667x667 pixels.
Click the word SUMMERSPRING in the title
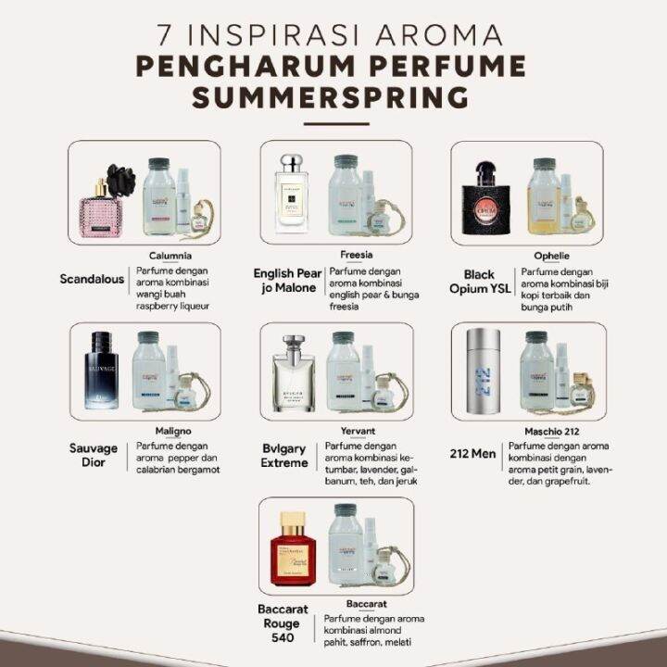(333, 97)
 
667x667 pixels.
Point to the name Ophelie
(551, 255)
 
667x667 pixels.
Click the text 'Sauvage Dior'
(94, 455)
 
